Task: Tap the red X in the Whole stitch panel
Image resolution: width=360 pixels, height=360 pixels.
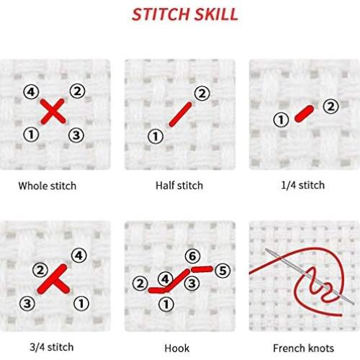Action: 52,112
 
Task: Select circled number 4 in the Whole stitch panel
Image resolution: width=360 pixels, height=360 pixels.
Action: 30,92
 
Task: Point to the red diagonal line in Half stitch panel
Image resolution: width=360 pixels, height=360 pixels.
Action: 179,114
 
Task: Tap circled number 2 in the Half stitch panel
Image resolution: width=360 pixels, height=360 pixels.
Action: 202,93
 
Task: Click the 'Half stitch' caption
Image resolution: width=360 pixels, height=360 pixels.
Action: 179,186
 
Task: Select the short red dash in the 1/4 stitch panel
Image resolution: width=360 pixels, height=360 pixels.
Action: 303,113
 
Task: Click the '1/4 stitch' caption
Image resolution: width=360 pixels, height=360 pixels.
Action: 302,186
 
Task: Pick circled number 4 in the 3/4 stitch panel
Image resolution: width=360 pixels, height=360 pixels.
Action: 78,254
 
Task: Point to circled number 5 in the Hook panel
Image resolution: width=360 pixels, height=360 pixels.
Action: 222,271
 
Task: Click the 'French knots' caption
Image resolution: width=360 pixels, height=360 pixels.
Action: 302,348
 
